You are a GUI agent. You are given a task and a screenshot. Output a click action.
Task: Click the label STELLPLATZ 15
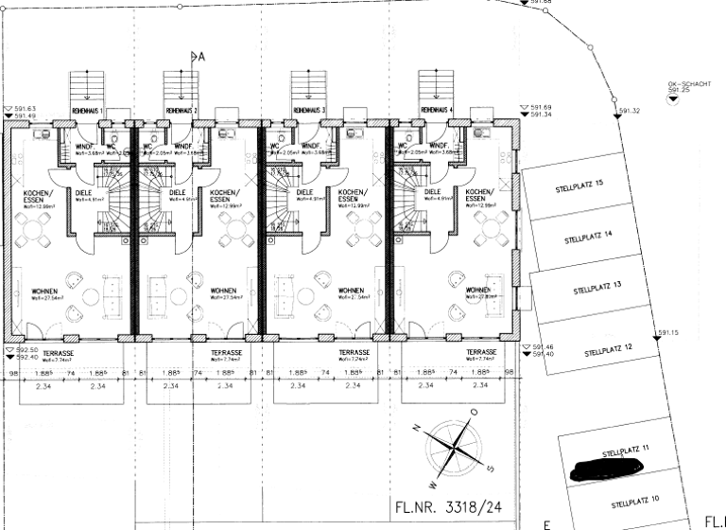[x=579, y=185]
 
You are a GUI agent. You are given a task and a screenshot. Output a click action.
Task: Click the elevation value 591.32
[x=630, y=111]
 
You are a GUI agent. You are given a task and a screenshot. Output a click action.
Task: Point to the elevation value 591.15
[x=669, y=332]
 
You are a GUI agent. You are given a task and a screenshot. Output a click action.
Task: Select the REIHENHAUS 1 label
[x=87, y=111]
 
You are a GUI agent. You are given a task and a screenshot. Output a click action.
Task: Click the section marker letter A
[x=199, y=57]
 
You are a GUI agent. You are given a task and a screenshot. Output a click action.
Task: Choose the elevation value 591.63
[x=25, y=109]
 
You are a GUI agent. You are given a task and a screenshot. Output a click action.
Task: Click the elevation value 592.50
[x=25, y=350]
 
